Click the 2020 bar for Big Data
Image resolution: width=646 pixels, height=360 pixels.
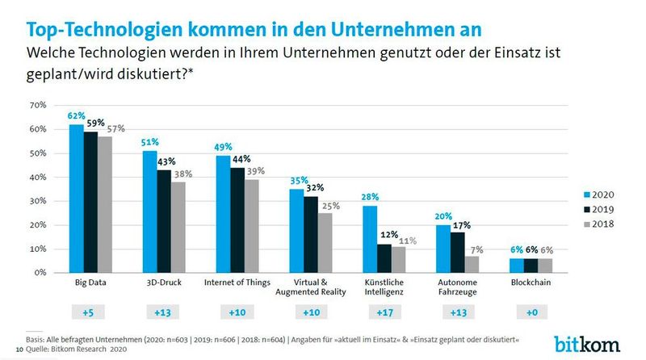click(77, 199)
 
